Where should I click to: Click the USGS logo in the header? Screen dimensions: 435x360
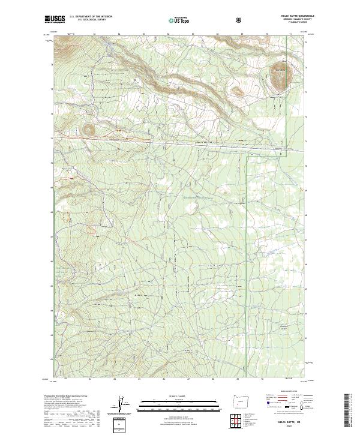click(55, 19)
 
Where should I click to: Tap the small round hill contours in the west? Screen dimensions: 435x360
click(89, 128)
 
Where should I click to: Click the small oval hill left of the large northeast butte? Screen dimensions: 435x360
click(238, 92)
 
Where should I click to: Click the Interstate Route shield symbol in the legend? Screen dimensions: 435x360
click(265, 413)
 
